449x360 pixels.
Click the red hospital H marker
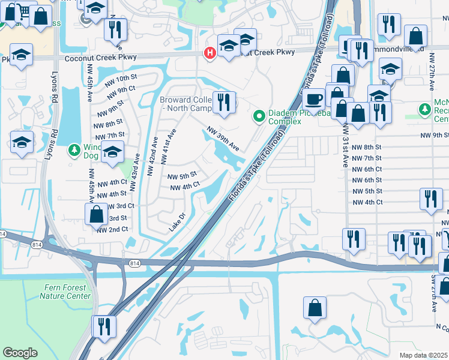(209, 53)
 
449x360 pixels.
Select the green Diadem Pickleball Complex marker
(259, 115)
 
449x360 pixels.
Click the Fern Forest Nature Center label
(66, 292)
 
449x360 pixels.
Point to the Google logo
(20, 353)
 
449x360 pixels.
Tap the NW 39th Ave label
(223, 138)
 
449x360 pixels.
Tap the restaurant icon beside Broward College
(224, 102)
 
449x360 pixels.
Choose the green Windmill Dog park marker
(75, 148)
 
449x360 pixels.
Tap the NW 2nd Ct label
(112, 229)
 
